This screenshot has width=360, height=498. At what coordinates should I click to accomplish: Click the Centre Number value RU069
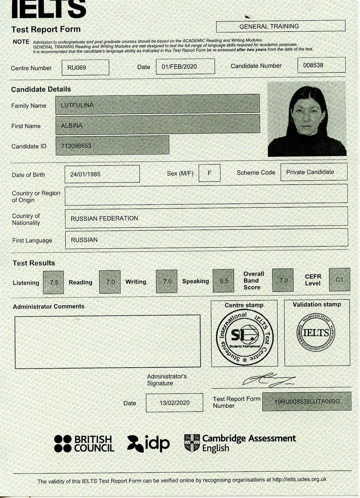77,68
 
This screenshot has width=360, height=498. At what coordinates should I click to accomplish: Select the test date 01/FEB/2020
179,67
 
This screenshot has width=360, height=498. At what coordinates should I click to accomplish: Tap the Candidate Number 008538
313,65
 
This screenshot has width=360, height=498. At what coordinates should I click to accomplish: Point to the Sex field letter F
209,173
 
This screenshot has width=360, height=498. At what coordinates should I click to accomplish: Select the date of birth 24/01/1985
85,174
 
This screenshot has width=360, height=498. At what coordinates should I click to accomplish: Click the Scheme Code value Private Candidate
310,172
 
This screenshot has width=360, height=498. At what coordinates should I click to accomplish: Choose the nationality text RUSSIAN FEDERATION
104,218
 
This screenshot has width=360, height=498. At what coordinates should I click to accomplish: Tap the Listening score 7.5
54,283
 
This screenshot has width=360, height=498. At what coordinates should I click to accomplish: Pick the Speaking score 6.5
224,281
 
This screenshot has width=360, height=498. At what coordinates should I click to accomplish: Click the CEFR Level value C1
339,280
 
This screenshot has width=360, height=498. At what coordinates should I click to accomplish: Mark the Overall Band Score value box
283,280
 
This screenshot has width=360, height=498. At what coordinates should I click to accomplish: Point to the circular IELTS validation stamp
316,333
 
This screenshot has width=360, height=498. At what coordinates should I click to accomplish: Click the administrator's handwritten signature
268,379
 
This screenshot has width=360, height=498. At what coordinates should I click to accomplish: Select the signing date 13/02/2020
175,403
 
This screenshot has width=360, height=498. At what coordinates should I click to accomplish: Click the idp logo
148,444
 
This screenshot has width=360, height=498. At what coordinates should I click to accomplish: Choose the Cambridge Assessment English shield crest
192,443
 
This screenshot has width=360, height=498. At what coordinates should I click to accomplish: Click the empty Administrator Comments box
107,342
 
